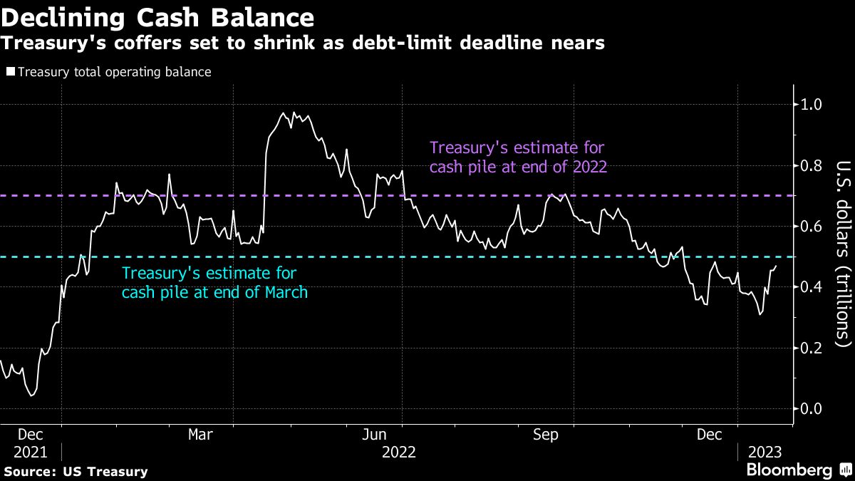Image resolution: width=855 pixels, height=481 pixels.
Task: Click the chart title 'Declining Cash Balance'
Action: pyautogui.click(x=157, y=17)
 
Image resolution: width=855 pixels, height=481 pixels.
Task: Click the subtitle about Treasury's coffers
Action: pyautogui.click(x=303, y=43)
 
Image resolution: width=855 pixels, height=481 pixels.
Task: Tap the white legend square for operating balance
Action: pyautogui.click(x=10, y=72)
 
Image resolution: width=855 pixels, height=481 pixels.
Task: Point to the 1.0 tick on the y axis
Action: pyautogui.click(x=812, y=105)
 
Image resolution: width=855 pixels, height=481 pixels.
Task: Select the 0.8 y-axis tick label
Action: pyautogui.click(x=812, y=165)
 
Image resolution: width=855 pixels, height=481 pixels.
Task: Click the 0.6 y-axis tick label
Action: pyautogui.click(x=812, y=227)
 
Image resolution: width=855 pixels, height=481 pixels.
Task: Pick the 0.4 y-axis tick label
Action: pyautogui.click(x=812, y=287)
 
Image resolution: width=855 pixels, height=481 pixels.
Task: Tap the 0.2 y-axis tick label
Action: pyautogui.click(x=812, y=348)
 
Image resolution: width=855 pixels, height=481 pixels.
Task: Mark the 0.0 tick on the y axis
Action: pyautogui.click(x=812, y=409)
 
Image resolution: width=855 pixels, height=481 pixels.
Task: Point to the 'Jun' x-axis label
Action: pyautogui.click(x=374, y=435)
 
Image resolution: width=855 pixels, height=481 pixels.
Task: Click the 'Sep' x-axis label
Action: pyautogui.click(x=546, y=435)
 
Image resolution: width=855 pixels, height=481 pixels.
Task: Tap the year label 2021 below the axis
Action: pyautogui.click(x=30, y=452)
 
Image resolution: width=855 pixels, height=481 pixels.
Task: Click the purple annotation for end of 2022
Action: pyautogui.click(x=518, y=157)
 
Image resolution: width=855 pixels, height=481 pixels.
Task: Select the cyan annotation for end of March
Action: pyautogui.click(x=214, y=282)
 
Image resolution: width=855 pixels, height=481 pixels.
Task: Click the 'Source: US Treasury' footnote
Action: pyautogui.click(x=76, y=471)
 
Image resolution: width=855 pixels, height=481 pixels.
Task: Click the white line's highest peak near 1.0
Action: pyautogui.click(x=284, y=113)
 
